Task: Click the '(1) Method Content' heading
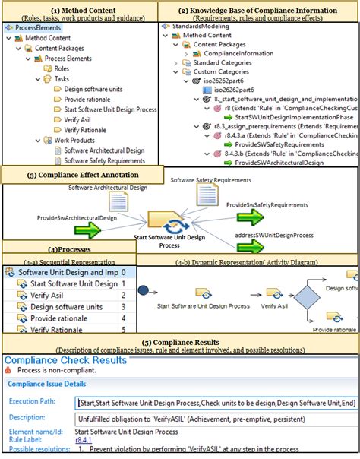(79, 9)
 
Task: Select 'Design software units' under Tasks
(93, 89)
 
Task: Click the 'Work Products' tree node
(74, 140)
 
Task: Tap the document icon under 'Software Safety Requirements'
(207, 196)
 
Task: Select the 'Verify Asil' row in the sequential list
(49, 295)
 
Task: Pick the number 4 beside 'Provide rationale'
(123, 318)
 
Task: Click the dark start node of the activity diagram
(144, 290)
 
